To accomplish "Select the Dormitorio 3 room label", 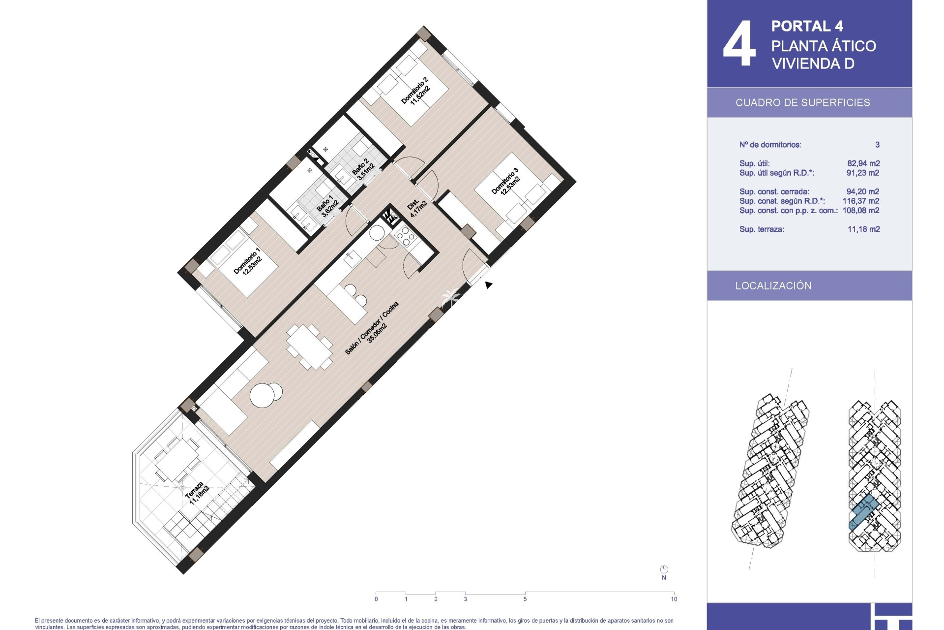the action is [506, 181].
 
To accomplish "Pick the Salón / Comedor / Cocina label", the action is [372, 328].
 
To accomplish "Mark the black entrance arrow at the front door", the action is [488, 284].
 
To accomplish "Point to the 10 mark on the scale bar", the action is [674, 599].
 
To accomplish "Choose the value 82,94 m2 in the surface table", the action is [863, 163].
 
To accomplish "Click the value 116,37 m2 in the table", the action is [861, 201].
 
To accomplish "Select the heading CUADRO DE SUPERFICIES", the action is [802, 102].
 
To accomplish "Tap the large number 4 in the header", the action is [739, 44].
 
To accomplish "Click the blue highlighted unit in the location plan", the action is [864, 512].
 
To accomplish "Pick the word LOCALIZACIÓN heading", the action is [773, 285].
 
